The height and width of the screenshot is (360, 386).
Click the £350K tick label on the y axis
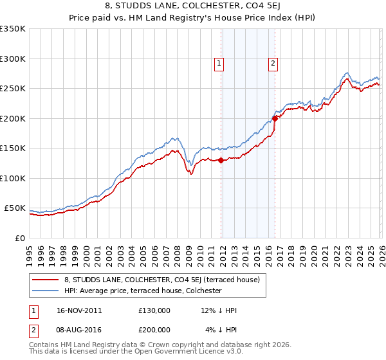tap(13, 29)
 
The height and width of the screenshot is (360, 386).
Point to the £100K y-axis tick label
tap(13, 178)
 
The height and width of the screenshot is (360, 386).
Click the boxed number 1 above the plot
tap(220, 63)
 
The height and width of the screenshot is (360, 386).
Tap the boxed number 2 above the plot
tap(273, 63)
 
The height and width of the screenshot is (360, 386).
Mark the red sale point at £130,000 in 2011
tap(221, 161)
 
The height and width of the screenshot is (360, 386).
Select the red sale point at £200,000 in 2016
tap(275, 118)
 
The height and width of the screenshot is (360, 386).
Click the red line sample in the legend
tap(46, 280)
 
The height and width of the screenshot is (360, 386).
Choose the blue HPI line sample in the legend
tap(46, 291)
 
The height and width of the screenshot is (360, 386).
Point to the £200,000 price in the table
tap(154, 330)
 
